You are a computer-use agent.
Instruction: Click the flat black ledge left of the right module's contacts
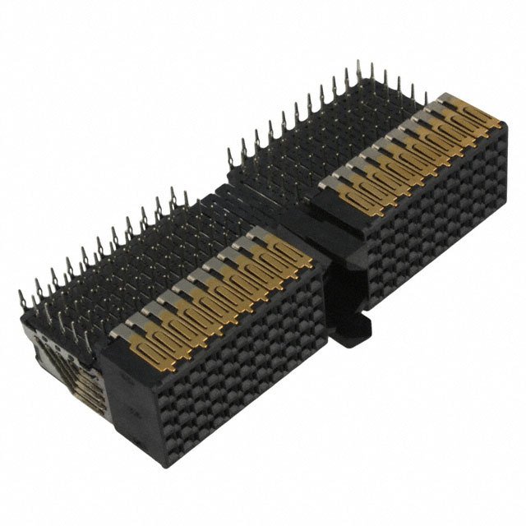pyautogui.click(x=325, y=210)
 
